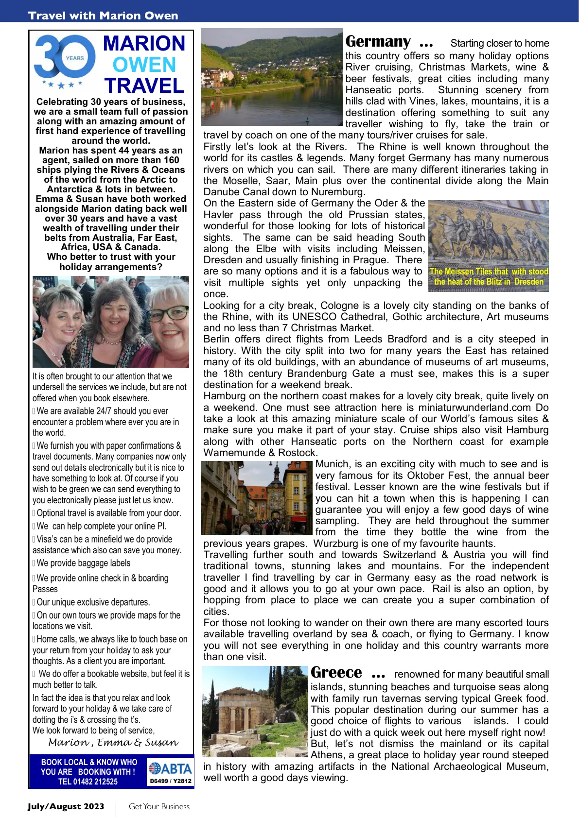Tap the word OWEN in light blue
click(x=144, y=65)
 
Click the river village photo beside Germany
click(x=272, y=77)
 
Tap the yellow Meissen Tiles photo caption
click(x=489, y=277)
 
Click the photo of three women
click(x=111, y=322)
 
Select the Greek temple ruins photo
click(x=255, y=711)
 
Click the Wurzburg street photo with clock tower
click(x=257, y=498)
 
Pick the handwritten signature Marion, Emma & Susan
click(x=113, y=743)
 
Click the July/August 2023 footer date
click(x=66, y=806)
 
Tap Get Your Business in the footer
click(x=159, y=806)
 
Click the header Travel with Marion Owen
click(x=103, y=16)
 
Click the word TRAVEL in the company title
click(x=144, y=86)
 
